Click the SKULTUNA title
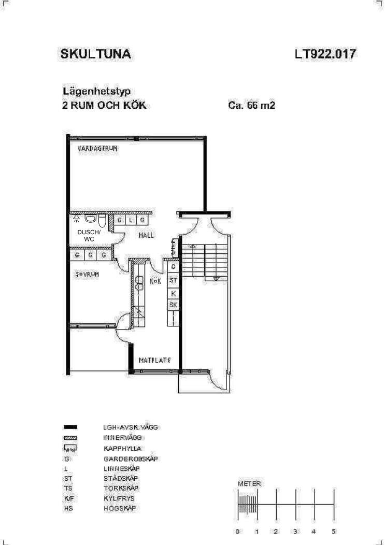click(x=96, y=54)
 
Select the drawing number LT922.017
click(x=326, y=54)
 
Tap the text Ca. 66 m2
click(x=252, y=106)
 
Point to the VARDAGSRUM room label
click(x=98, y=148)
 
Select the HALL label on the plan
click(x=146, y=235)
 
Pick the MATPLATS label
click(x=154, y=360)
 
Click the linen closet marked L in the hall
click(x=132, y=221)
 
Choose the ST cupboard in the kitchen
click(x=174, y=280)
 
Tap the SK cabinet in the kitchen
click(x=174, y=305)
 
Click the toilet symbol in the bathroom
click(x=102, y=223)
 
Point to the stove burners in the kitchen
click(x=139, y=282)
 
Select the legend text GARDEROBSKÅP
click(x=131, y=459)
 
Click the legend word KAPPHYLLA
click(x=123, y=449)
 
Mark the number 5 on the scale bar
click(x=334, y=532)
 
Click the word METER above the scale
click(x=249, y=483)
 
